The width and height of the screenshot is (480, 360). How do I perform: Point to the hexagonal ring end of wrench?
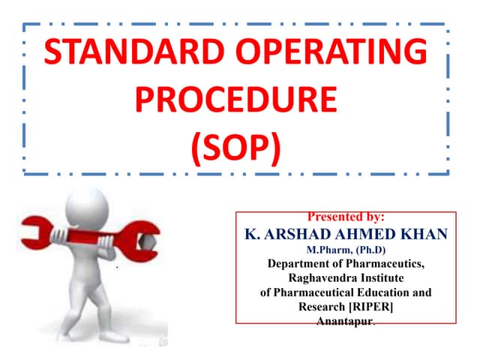pyautogui.click(x=147, y=242)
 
